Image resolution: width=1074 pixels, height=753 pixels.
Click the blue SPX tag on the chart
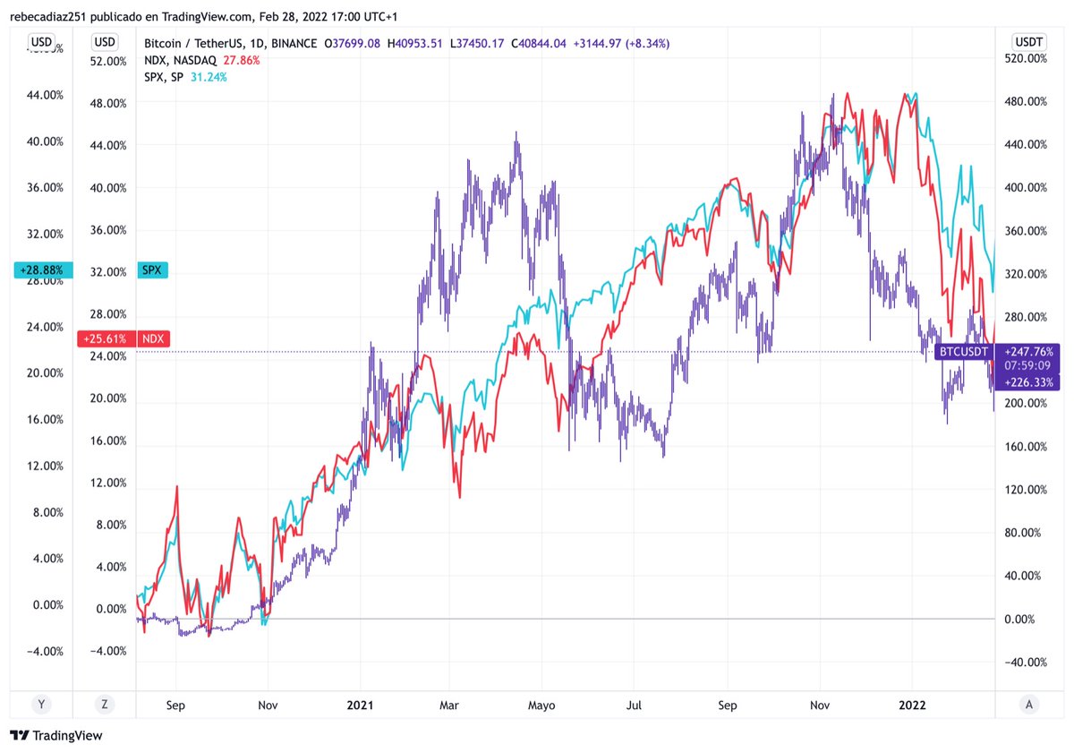pyautogui.click(x=152, y=270)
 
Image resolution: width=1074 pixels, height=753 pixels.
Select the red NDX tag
pyautogui.click(x=153, y=338)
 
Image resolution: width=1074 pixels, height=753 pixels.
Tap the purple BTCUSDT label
pyautogui.click(x=964, y=352)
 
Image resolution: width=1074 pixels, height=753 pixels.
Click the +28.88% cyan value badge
pyautogui.click(x=43, y=270)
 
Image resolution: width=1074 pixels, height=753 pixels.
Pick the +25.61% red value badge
pyautogui.click(x=106, y=338)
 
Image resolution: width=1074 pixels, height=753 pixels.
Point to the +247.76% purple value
pyautogui.click(x=1028, y=352)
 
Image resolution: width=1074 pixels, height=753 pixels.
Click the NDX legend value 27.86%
pyautogui.click(x=241, y=60)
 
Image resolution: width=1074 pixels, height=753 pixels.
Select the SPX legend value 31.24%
pyautogui.click(x=209, y=77)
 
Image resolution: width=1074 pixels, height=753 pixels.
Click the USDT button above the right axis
pyautogui.click(x=1028, y=42)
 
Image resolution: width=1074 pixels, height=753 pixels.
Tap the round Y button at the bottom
pyautogui.click(x=41, y=705)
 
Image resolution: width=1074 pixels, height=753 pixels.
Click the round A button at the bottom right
pyautogui.click(x=1028, y=705)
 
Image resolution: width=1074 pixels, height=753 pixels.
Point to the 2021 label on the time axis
pyautogui.click(x=360, y=705)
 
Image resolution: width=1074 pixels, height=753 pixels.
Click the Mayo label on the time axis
pyautogui.click(x=541, y=706)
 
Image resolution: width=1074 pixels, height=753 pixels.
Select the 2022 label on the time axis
pyautogui.click(x=912, y=705)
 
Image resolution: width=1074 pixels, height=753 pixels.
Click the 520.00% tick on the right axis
pyautogui.click(x=1026, y=58)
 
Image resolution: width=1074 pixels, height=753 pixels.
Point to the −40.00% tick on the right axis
pyautogui.click(x=1026, y=663)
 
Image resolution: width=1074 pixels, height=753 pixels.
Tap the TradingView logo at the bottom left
pyautogui.click(x=56, y=736)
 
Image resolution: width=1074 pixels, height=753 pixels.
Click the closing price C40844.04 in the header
pyautogui.click(x=539, y=44)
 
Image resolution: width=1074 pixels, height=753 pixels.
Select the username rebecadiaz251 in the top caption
pyautogui.click(x=48, y=17)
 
